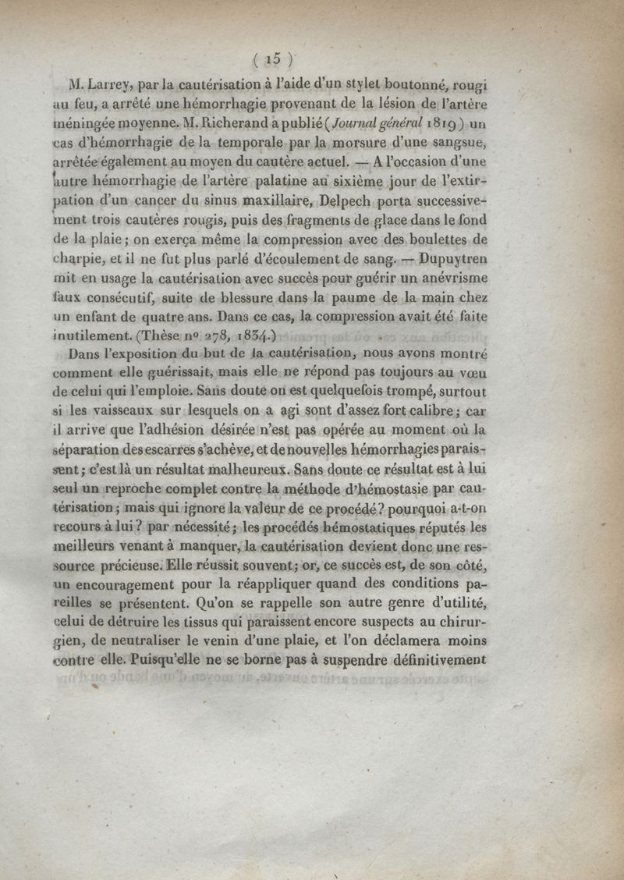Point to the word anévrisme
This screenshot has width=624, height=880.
coord(455,279)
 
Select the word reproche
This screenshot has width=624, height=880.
coord(140,489)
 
